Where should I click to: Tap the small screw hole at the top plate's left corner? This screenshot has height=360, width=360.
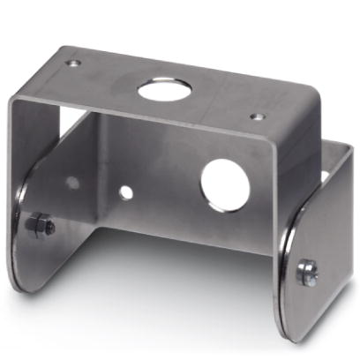[x=73, y=64]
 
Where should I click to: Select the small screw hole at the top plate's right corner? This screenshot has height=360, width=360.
[x=257, y=116]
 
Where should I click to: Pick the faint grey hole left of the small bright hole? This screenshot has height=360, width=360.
[x=72, y=184]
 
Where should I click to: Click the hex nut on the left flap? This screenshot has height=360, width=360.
[x=41, y=227]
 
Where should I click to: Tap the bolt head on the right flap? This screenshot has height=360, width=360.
[x=308, y=272]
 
